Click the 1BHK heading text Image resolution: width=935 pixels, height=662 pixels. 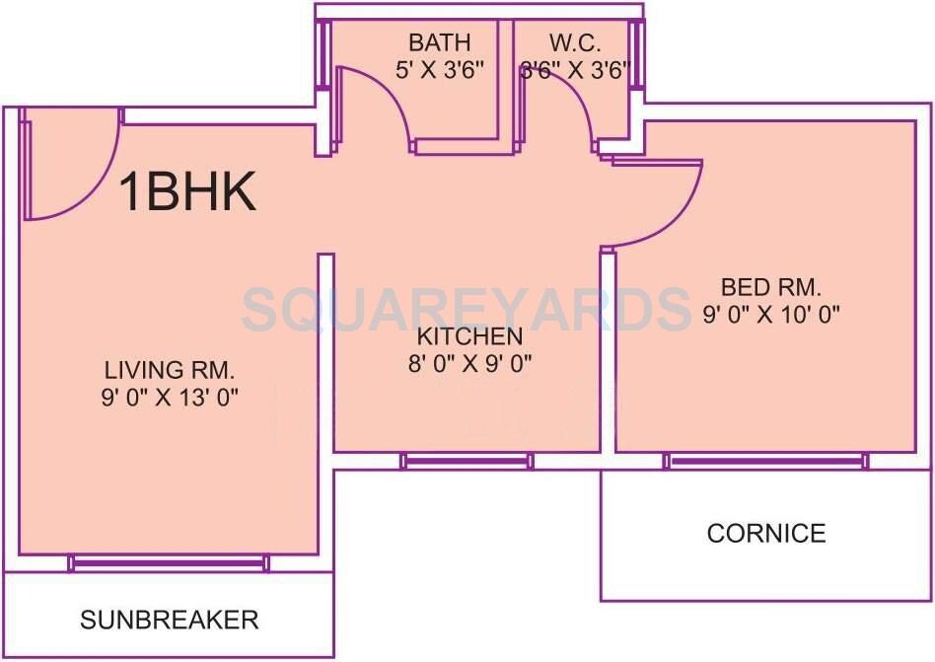tap(188, 191)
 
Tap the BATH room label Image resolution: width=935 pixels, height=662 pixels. tap(440, 43)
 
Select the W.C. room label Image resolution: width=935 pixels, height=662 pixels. tap(575, 43)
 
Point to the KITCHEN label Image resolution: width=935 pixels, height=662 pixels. tap(468, 335)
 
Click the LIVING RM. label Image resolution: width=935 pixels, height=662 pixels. tap(171, 371)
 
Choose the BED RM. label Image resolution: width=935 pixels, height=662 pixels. tap(771, 288)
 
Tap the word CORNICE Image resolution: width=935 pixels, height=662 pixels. tap(766, 534)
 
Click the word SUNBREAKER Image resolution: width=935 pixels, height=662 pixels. tap(170, 620)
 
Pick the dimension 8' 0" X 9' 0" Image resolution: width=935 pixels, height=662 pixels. tap(469, 362)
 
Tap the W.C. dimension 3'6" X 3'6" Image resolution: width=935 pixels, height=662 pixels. tap(575, 71)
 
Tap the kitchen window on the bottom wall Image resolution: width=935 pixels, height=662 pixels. tap(467, 461)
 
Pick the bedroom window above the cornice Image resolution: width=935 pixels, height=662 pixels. tap(766, 461)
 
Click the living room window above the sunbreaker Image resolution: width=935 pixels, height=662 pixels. tap(169, 562)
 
